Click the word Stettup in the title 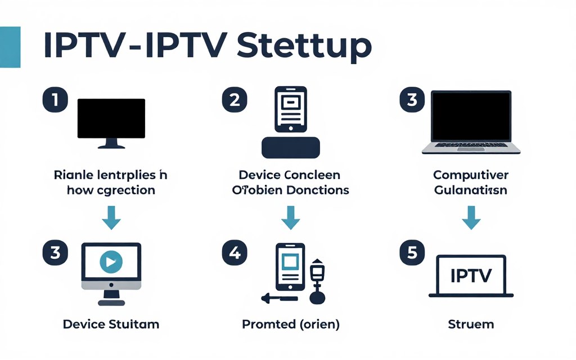[304, 47]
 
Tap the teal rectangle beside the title [10, 47]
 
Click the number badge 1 [55, 101]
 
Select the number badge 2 [235, 101]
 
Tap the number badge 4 [235, 253]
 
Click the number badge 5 [412, 253]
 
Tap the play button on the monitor [111, 262]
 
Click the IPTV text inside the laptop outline [471, 275]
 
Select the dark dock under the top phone [291, 147]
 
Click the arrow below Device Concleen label [291, 218]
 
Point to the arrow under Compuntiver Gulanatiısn [471, 218]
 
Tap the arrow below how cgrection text [111, 218]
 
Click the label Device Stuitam [111, 324]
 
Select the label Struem [471, 324]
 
